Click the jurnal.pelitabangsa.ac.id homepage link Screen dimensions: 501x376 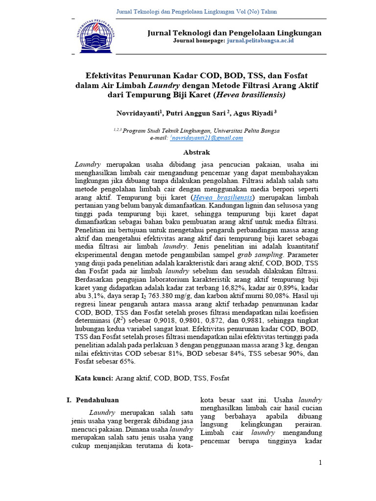pyautogui.click(x=259, y=41)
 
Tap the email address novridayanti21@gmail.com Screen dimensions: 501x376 pyautogui.click(x=207, y=138)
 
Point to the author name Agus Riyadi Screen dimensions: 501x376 pyautogui.click(x=254, y=113)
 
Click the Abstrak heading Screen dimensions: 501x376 pyautogui.click(x=196, y=152)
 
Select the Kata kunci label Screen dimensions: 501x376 pyautogui.click(x=94, y=378)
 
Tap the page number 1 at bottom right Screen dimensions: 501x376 pyautogui.click(x=320, y=463)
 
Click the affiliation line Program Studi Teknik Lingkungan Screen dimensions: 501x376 pyautogui.click(x=201, y=131)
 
